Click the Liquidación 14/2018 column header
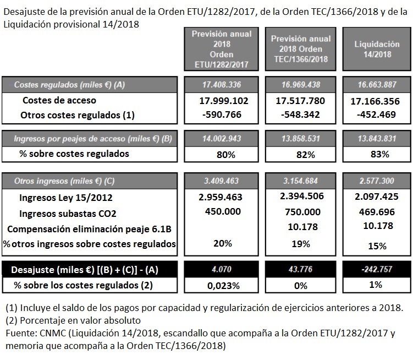click(x=377, y=49)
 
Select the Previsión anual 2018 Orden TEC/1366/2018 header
click(x=301, y=49)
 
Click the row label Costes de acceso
click(x=59, y=101)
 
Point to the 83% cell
click(x=377, y=154)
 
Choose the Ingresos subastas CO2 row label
click(x=68, y=213)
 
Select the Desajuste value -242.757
click(x=377, y=270)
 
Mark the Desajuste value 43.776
click(x=301, y=270)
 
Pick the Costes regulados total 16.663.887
click(x=377, y=85)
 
